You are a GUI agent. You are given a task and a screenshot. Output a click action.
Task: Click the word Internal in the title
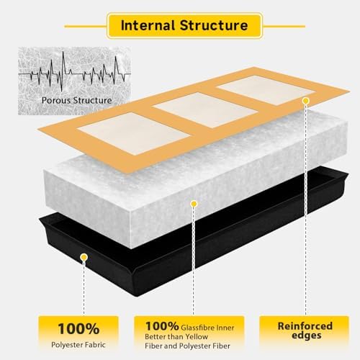coord(148,25)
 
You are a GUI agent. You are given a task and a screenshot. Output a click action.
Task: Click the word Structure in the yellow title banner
coord(214,25)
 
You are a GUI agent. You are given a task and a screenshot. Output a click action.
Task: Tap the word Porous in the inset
coord(56,100)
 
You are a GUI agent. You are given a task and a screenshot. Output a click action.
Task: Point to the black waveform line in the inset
coord(75,71)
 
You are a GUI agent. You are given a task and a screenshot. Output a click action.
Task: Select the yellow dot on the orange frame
coord(305,101)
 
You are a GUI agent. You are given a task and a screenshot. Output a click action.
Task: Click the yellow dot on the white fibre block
coord(194,204)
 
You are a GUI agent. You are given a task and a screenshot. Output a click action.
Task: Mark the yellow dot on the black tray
coord(84,258)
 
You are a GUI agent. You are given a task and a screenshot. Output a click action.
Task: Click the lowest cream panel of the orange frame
coord(134,133)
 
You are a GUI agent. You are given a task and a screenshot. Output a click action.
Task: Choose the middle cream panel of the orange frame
coord(205,110)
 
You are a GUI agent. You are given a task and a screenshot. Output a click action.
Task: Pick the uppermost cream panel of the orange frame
coord(266,90)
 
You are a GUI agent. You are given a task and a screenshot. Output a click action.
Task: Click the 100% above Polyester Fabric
coord(78,328)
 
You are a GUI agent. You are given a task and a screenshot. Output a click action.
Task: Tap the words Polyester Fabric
coord(78,345)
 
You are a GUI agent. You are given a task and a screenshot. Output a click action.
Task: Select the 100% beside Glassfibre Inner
coord(162,326)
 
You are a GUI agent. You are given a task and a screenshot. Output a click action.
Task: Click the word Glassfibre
coord(198,328)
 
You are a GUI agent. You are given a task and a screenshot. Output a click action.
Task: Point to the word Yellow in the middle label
coord(197,337)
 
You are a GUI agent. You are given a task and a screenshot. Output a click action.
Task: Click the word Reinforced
coord(305,326)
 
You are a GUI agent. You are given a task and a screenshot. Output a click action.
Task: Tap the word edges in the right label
coord(307,336)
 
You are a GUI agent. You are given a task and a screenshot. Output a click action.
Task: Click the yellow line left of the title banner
coord(86,26)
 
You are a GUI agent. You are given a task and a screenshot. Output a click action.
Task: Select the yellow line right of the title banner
coord(284,26)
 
